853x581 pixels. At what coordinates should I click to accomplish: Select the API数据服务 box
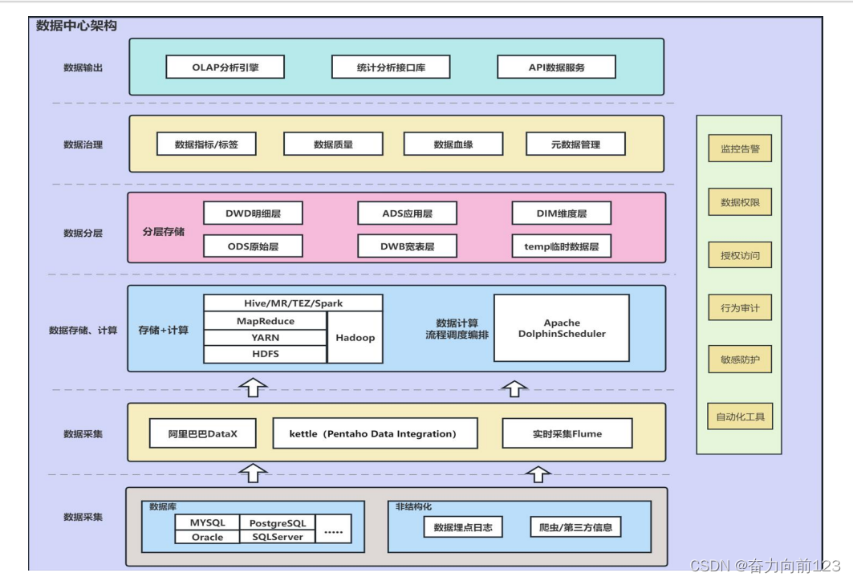(556, 67)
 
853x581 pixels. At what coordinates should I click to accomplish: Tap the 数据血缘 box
(453, 144)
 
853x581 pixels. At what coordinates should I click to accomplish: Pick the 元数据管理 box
(575, 144)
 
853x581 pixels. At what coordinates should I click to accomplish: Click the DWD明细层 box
(253, 213)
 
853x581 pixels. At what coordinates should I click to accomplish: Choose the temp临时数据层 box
(562, 246)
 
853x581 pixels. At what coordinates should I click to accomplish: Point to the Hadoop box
(355, 337)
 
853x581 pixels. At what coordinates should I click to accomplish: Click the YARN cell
(265, 338)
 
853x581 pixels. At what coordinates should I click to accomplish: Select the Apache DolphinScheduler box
(562, 328)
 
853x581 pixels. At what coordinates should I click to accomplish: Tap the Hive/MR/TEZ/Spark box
(292, 303)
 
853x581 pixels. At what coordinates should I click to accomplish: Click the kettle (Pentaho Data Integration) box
(375, 433)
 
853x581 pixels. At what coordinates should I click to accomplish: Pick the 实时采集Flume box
(567, 433)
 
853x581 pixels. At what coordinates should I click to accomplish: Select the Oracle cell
(207, 537)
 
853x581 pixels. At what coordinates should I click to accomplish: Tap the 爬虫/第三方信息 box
(575, 527)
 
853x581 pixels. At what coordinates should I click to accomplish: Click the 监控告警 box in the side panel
(740, 149)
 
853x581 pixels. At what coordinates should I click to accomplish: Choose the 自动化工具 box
(740, 417)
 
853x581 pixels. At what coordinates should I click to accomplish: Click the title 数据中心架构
(77, 26)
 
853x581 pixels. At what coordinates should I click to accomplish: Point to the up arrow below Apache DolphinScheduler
(514, 388)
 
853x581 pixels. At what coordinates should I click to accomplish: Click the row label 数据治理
(83, 145)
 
